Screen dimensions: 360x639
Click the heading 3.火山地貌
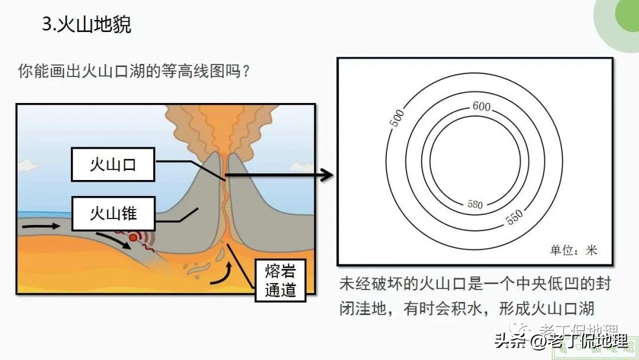[x=86, y=25]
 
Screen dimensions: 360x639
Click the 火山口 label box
[x=112, y=165]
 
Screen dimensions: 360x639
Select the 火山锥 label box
[x=112, y=214]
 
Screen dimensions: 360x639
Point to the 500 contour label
[x=396, y=118]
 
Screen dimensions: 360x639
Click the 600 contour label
[x=482, y=107]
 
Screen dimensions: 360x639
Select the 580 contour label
[x=475, y=205]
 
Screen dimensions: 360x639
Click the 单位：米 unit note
[x=574, y=250]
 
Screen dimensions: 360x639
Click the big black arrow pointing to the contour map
[x=278, y=175]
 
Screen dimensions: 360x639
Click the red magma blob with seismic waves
[x=134, y=237]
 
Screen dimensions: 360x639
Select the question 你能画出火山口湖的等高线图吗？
[x=133, y=72]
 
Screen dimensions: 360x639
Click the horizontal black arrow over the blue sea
[x=41, y=226]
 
